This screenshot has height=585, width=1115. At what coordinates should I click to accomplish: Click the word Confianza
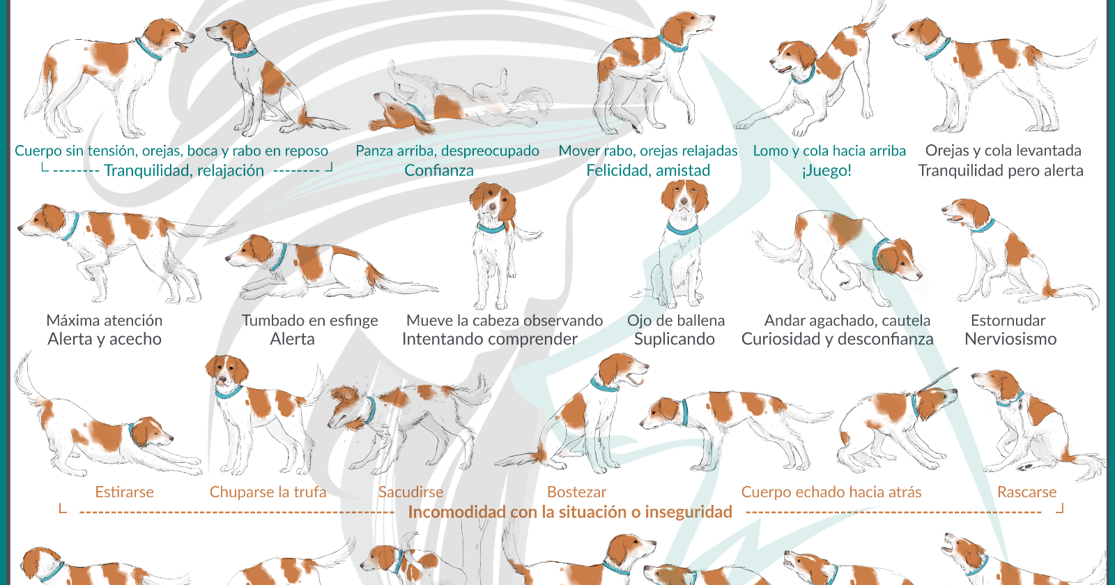coord(439,171)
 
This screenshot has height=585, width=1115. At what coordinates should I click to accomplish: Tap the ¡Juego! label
coord(827,171)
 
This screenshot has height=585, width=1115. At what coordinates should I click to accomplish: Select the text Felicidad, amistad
coord(648,171)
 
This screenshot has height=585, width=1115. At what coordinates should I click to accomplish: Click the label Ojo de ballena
coord(675,321)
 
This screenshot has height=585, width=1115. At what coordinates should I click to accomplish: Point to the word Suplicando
coord(674,340)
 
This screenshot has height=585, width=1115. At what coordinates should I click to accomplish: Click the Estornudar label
coord(1008,321)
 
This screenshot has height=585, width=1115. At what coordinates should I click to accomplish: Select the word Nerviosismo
coord(1010,340)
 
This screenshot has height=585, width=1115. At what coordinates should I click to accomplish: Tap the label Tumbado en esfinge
coord(309,321)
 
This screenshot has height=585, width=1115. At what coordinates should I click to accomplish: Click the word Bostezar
coord(576,492)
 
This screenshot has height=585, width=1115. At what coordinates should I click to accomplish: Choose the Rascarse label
coord(1026,492)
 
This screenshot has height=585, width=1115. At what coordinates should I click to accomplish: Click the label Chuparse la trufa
coord(268,492)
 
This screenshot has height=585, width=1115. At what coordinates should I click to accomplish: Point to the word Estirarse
coord(124,492)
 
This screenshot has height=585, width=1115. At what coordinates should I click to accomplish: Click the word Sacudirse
coord(410,492)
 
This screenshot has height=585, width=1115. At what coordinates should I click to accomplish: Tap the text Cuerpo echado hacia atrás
coord(831,492)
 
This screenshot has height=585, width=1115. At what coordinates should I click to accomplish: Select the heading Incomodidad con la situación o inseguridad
coord(569,512)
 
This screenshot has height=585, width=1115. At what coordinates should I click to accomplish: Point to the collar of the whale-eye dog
coord(683,227)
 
